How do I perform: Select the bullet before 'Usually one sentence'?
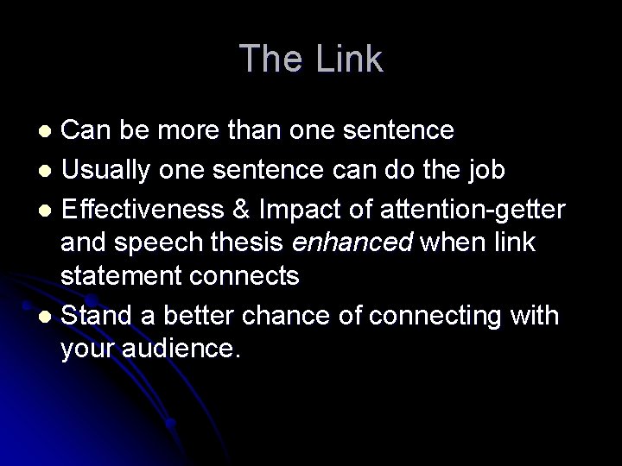point(49,171)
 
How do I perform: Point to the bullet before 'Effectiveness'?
point(49,208)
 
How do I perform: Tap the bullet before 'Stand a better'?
point(49,317)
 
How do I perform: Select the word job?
point(486,170)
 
